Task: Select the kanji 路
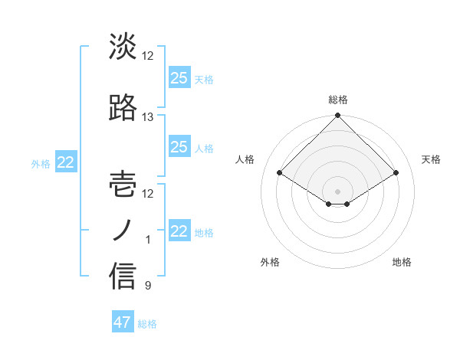tap(123, 108)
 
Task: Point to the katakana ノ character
tap(123, 231)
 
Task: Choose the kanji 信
tap(123, 277)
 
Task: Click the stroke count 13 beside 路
tap(148, 117)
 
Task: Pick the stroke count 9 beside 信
tap(148, 286)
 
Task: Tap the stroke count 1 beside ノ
tap(148, 241)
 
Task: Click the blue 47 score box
tap(123, 322)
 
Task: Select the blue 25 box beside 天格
tap(179, 77)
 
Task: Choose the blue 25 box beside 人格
tap(179, 147)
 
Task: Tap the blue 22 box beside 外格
tap(65, 162)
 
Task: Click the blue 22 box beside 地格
tap(179, 231)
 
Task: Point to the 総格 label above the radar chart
tap(338, 100)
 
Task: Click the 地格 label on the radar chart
tap(402, 262)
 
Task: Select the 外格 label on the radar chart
tap(270, 262)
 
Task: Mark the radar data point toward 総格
tap(337, 116)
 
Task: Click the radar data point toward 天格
tap(396, 172)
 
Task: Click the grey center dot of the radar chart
tap(337, 190)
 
